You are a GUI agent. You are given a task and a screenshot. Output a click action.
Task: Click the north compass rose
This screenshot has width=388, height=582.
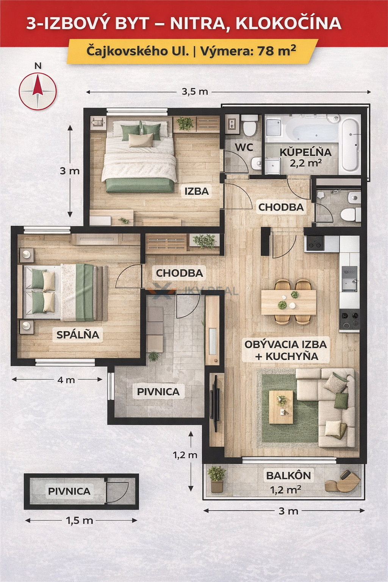[x=38, y=91]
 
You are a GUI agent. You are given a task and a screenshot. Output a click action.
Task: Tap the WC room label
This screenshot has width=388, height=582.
[x=244, y=147]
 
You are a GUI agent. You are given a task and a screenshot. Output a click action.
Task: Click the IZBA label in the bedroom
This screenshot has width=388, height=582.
[x=197, y=191]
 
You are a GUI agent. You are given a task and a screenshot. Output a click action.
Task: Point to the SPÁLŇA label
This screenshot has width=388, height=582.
[x=78, y=335]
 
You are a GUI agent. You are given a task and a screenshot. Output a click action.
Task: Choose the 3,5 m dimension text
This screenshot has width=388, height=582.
[x=195, y=92]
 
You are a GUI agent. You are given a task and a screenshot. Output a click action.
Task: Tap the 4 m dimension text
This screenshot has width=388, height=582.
[x=66, y=380]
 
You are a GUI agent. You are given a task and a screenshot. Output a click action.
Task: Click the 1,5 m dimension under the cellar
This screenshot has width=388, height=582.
[x=79, y=520]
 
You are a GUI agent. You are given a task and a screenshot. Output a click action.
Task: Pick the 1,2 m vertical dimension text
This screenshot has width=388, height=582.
[x=185, y=455]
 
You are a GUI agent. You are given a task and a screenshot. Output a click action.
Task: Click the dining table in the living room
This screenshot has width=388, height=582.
[x=288, y=302]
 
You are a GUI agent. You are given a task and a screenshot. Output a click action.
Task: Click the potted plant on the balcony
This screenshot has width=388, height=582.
[x=217, y=479]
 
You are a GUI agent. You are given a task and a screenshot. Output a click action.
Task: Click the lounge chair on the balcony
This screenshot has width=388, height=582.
[x=343, y=481]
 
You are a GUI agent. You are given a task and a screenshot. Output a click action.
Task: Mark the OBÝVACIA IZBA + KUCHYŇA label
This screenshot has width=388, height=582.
[x=286, y=350]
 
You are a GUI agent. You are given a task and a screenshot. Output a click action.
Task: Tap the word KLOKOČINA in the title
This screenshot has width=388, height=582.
[x=288, y=24]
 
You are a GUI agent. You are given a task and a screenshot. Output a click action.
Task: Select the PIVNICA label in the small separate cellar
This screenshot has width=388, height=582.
[x=69, y=491]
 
